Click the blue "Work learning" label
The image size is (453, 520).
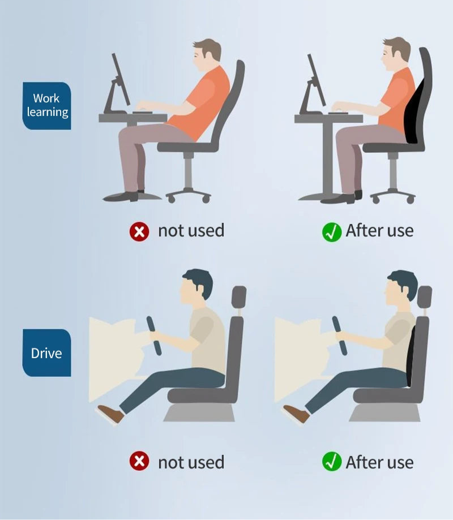coord(47,106)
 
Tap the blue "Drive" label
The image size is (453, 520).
coord(47,353)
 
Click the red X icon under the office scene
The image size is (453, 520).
coord(139,231)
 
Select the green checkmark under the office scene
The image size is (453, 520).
coord(332,232)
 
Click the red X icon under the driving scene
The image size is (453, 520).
coord(139,461)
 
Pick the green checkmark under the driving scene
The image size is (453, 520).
coord(332,461)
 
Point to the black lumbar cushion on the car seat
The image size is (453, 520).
coord(411,356)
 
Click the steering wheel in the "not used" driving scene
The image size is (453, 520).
coord(154,336)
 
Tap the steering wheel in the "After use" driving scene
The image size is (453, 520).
coord(340,336)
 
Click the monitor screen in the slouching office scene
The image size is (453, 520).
coord(121,80)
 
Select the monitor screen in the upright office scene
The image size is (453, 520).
coord(317,80)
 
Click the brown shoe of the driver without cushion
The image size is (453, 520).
coord(111,414)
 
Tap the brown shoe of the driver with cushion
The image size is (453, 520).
coord(296,414)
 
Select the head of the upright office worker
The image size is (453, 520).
coord(396,54)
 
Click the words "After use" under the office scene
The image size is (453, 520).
coord(379,230)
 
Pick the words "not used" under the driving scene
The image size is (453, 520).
coord(191,462)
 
